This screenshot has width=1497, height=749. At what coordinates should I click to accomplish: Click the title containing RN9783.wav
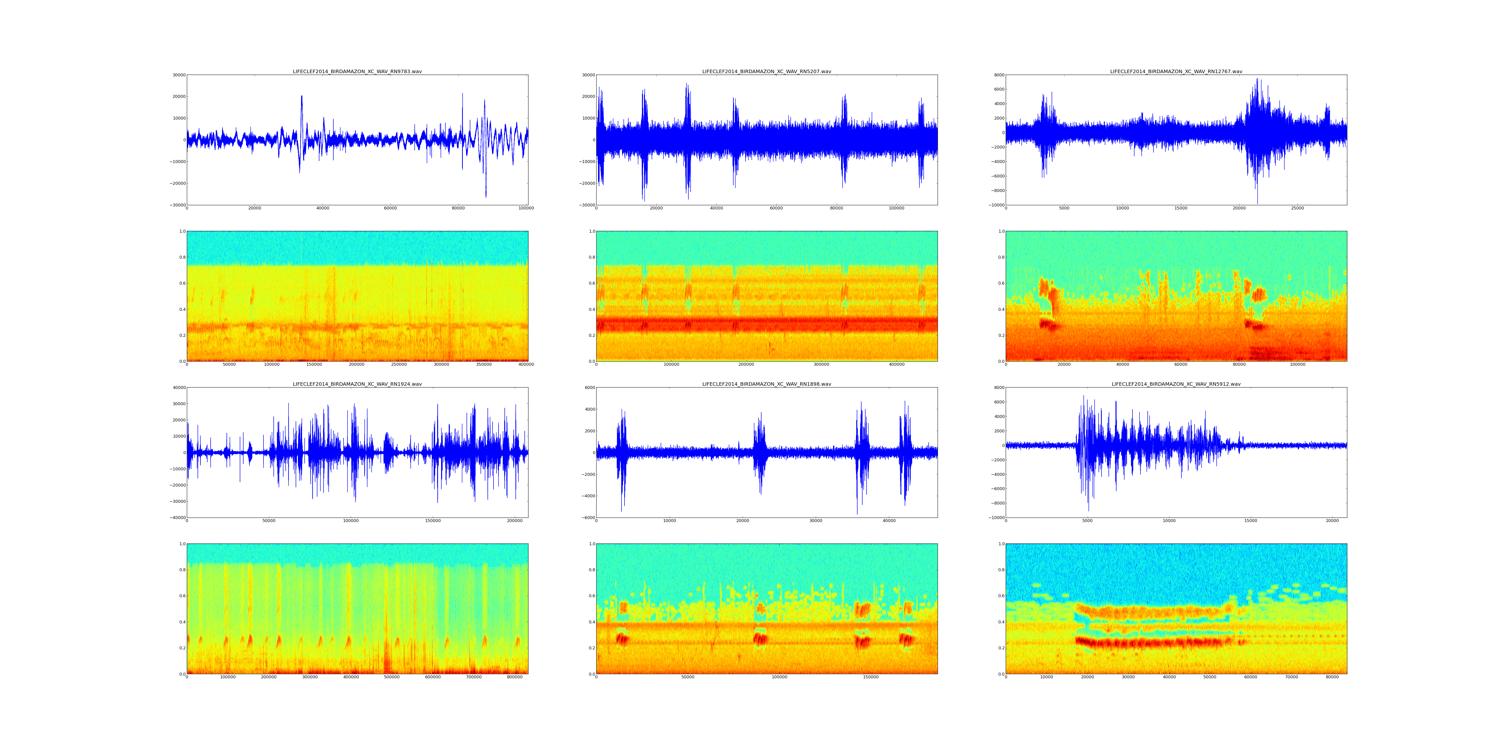[357, 71]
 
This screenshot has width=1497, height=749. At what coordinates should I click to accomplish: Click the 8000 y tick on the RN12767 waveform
[997, 75]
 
